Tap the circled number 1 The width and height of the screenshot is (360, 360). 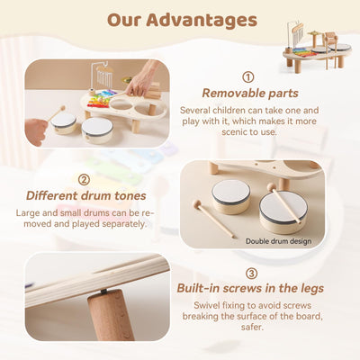tap(248, 77)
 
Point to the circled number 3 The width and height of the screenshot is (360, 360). tap(251, 273)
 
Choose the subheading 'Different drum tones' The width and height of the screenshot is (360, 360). tap(85, 194)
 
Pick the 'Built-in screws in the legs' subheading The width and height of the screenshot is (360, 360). tap(251, 289)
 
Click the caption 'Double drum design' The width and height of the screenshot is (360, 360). tap(277, 241)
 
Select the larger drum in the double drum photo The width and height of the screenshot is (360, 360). tap(283, 208)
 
